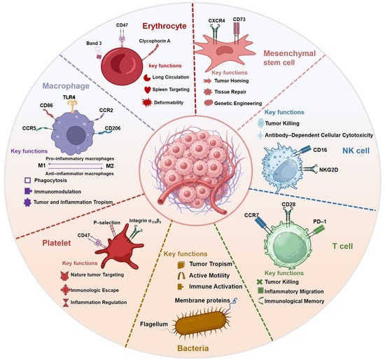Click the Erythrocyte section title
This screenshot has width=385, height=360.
164,26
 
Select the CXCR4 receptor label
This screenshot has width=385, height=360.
216,20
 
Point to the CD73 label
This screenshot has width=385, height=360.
239,20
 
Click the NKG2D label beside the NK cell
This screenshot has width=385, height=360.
328,169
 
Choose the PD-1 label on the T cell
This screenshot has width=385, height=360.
320,221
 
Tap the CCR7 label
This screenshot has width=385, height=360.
252,215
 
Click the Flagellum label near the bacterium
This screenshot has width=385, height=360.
154,324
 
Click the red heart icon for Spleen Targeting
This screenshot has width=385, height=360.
147,90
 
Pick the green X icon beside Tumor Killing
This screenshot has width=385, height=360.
260,282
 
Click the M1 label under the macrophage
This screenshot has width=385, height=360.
42,165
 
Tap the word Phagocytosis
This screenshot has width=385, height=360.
50,181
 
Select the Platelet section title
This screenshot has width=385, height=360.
57,243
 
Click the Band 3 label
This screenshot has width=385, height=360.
94,43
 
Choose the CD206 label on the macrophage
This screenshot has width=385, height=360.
113,128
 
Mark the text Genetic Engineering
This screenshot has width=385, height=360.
238,104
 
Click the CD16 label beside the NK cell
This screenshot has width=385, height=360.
320,150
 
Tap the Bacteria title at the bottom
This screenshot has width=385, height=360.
193,348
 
